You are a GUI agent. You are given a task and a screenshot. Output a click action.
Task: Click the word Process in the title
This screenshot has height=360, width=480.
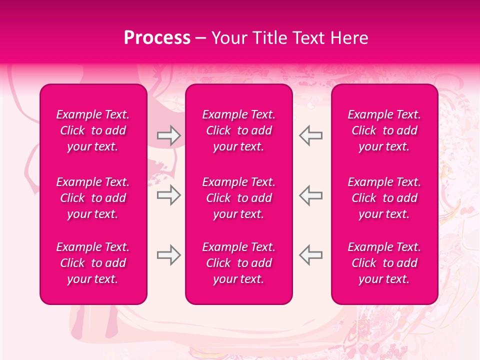click(157, 38)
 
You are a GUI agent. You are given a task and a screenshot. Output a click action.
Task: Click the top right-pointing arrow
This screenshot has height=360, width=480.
click(168, 135)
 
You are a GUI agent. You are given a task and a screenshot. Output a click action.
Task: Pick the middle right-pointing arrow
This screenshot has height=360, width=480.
click(168, 195)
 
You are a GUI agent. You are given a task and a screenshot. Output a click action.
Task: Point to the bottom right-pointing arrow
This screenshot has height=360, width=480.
click(168, 255)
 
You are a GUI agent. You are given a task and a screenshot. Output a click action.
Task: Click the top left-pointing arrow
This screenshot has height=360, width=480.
click(310, 135)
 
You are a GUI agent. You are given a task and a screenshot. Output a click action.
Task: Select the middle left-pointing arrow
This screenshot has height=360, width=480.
click(310, 195)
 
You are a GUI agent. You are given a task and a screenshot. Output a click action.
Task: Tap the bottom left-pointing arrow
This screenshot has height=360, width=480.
click(310, 255)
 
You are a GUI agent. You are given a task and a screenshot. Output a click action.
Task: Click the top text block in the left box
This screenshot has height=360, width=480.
click(93, 130)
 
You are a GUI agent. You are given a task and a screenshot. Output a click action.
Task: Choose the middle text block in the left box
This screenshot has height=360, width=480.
click(93, 198)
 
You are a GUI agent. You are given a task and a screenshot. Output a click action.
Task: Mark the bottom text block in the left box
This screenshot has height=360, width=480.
click(93, 263)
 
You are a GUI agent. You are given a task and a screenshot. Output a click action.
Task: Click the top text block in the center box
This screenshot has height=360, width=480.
click(238, 130)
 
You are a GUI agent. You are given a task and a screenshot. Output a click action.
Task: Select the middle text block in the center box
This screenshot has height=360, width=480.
click(238, 198)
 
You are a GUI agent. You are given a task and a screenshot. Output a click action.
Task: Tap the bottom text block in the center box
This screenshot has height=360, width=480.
click(238, 263)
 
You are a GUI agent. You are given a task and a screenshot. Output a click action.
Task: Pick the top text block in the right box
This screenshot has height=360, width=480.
click(384, 130)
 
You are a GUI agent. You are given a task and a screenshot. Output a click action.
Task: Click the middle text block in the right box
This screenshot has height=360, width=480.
click(384, 198)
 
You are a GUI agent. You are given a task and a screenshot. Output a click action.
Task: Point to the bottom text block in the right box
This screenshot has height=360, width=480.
click(384, 263)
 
